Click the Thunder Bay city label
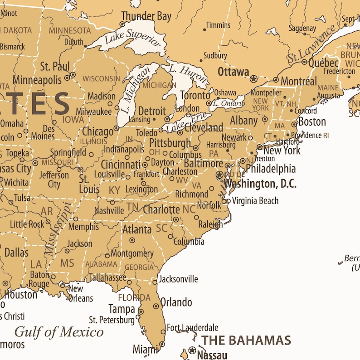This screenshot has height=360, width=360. point(146,17)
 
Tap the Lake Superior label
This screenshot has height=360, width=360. point(132,39)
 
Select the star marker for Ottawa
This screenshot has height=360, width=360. point(253,79)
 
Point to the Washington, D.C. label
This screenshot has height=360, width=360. point(260,184)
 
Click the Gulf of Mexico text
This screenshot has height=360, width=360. point(59,332)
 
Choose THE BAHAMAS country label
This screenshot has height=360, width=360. point(246,340)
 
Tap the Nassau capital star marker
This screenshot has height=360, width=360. point(192,350)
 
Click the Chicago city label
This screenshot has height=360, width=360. point(97,132)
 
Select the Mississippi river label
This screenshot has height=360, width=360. point(58,229)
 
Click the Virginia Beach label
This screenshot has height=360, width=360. point(255,201)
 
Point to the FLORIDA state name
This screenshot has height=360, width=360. point(134,298)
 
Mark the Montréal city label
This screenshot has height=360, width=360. point(299,82)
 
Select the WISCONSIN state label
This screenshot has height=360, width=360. point(101,78)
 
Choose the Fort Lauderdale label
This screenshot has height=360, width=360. point(192,327)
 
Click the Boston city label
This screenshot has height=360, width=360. point(312,122)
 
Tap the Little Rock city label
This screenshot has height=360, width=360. point(27,224)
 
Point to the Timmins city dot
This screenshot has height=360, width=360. point(205,30)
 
